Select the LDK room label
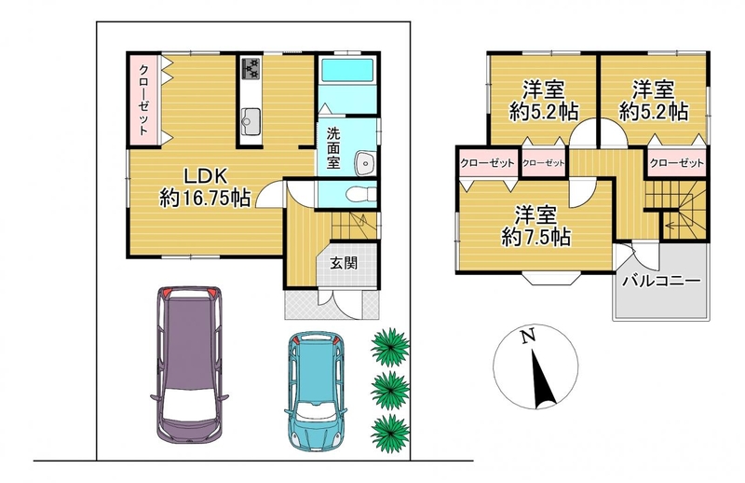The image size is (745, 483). click(206, 176)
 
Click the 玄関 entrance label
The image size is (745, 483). click(344, 263)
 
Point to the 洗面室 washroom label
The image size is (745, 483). click(333, 148)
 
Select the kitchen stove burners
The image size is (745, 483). click(251, 68)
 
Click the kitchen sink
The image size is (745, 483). click(251, 121)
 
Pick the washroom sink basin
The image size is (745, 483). click(365, 163)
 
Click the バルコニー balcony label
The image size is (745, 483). click(662, 281)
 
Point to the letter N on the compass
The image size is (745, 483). click(527, 337)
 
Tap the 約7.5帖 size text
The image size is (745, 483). click(536, 237)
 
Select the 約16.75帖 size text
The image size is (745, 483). click(205, 198)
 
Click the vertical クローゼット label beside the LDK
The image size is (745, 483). click(143, 100)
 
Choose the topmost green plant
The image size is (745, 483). click(390, 347)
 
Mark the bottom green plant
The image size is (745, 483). click(390, 434)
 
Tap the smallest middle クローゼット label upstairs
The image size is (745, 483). click(544, 163)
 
